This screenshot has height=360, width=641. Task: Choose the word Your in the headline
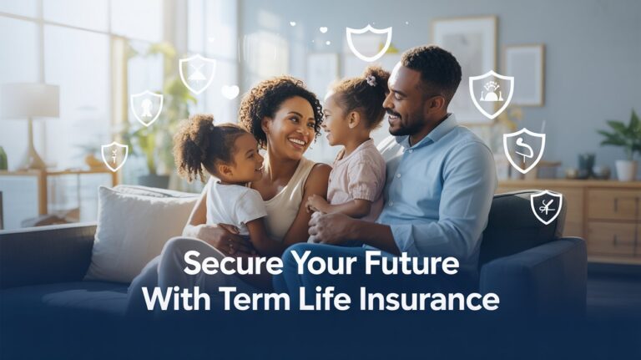(320, 264)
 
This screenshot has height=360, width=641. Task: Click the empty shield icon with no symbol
(368, 42)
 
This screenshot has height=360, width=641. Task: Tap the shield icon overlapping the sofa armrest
(546, 206)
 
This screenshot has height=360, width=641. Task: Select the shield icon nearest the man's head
(491, 93)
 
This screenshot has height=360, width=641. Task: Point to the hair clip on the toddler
(371, 80)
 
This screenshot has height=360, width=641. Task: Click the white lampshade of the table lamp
(29, 100)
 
